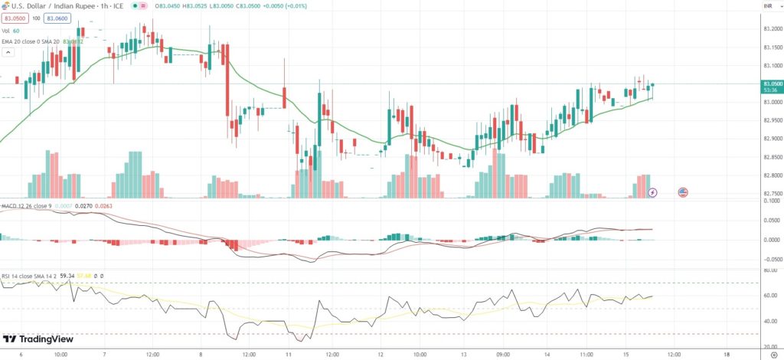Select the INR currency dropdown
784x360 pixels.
[767, 6]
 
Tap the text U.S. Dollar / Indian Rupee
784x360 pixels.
[51, 5]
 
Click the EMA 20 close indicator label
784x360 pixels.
[23, 41]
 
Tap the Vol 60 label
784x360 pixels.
[11, 31]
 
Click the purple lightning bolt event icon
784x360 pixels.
[652, 191]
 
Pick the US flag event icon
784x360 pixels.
[683, 191]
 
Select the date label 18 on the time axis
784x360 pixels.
[726, 355]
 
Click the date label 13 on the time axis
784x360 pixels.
[464, 355]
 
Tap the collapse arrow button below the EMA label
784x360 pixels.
[9, 52]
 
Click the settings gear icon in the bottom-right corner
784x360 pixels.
[773, 355]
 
